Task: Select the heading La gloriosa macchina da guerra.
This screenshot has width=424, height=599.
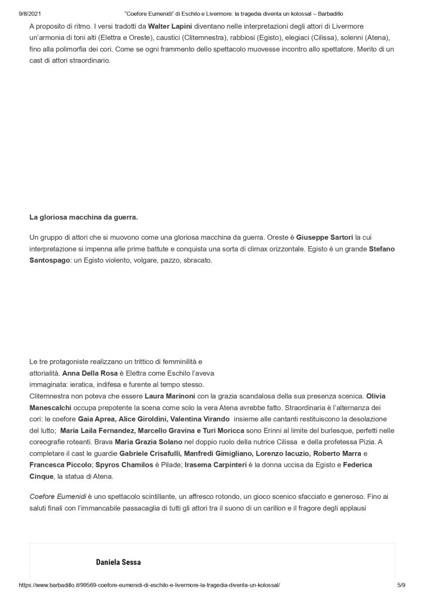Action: click(x=83, y=218)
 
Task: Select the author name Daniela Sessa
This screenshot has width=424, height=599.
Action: click(x=118, y=562)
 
